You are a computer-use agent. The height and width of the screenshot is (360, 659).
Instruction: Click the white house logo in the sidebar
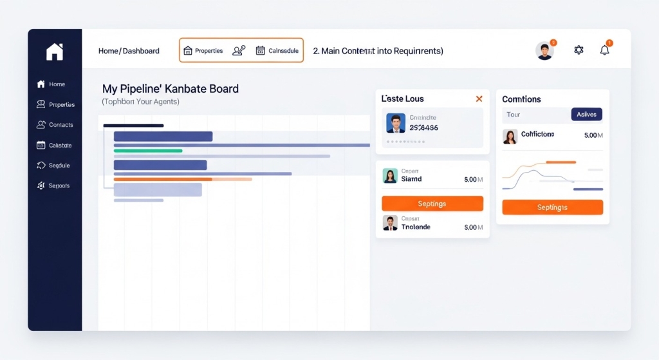(55, 52)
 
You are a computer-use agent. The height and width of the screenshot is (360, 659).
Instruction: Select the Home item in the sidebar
(51, 84)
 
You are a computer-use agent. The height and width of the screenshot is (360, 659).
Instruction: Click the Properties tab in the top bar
(203, 51)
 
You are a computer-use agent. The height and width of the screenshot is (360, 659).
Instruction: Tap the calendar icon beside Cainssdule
(260, 50)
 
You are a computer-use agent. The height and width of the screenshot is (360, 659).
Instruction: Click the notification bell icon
(604, 50)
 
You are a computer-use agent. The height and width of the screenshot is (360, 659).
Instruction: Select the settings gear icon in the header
(579, 50)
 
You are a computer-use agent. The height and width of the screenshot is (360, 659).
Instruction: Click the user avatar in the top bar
(544, 51)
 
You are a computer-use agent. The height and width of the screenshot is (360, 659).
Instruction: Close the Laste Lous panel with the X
(479, 99)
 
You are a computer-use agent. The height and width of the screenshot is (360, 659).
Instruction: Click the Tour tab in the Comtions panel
(514, 115)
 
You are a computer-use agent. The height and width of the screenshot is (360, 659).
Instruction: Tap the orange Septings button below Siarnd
(432, 204)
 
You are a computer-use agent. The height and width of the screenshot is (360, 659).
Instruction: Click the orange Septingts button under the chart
(552, 207)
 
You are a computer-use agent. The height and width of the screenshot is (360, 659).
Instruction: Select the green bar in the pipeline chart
(148, 151)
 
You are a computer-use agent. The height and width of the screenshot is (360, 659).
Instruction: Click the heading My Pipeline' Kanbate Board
(171, 89)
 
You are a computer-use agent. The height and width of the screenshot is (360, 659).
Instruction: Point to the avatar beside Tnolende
(390, 223)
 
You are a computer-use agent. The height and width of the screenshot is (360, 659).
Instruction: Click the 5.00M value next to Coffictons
(593, 135)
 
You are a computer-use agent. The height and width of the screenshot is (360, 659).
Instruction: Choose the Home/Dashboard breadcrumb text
(129, 51)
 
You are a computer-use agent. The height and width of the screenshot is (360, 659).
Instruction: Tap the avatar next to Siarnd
(390, 176)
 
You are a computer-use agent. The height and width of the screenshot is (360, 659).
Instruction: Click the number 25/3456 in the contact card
(423, 128)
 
